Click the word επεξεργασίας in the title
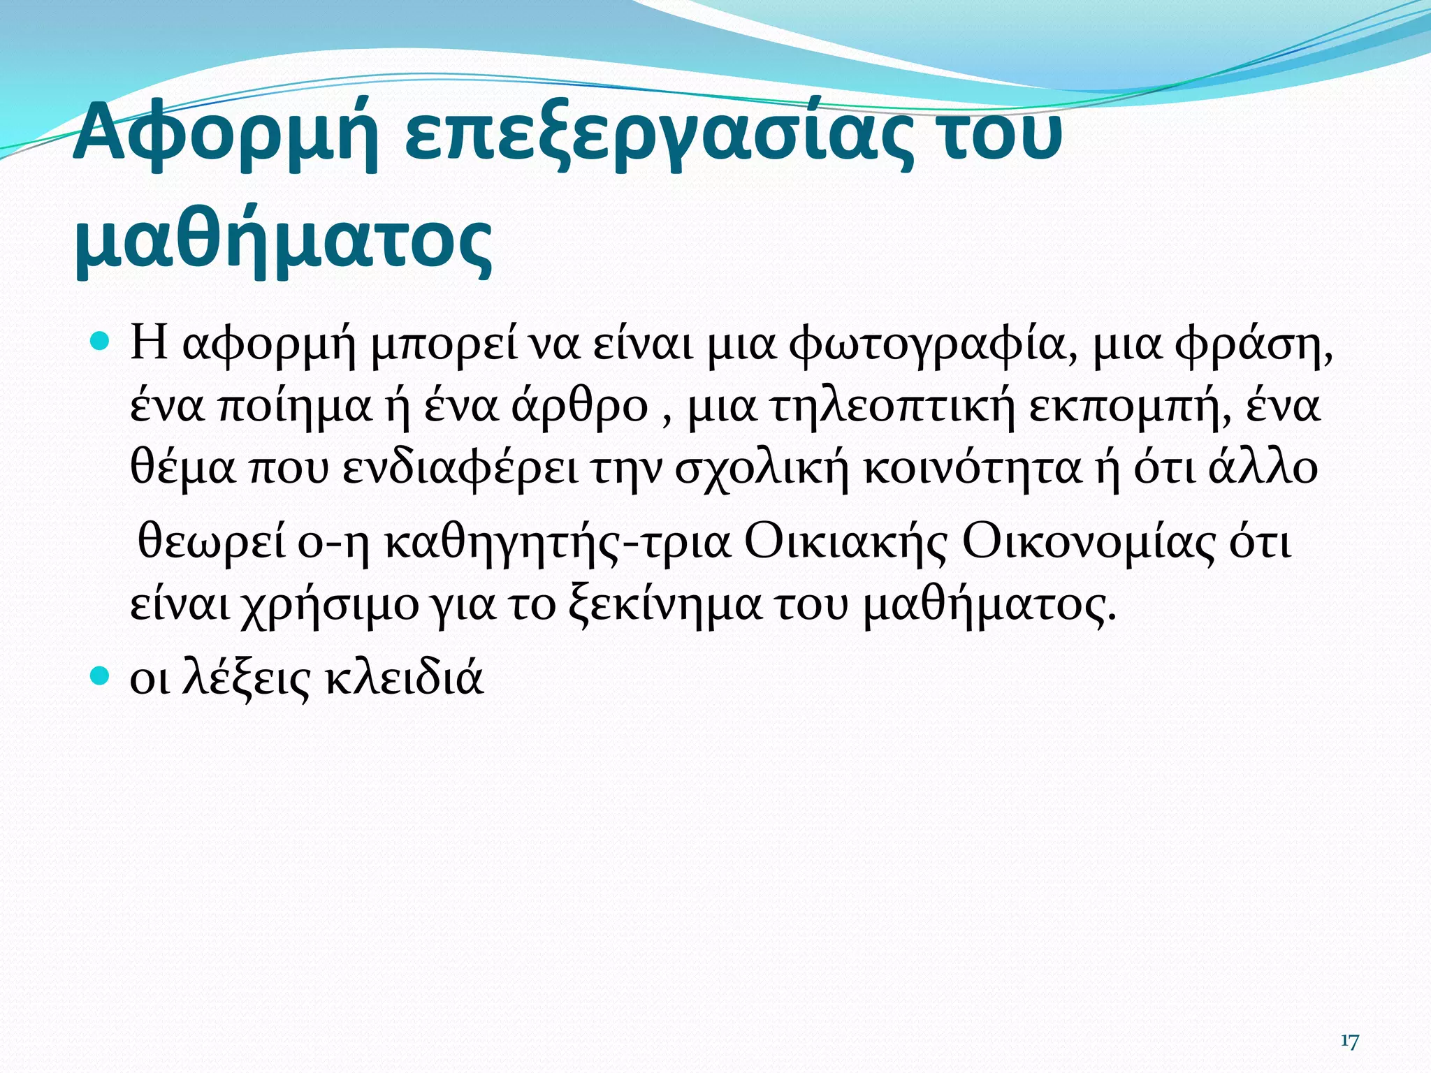click(x=657, y=136)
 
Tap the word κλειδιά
click(x=405, y=678)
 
